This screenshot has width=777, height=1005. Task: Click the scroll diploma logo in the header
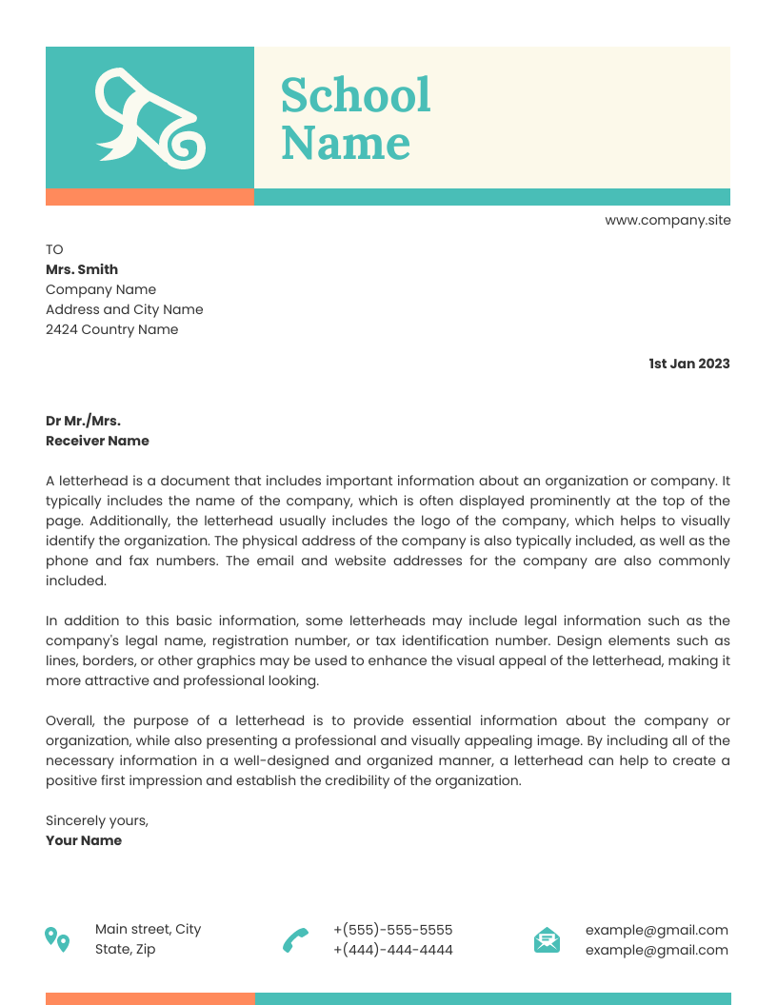click(x=149, y=118)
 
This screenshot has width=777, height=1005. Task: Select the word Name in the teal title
click(x=346, y=143)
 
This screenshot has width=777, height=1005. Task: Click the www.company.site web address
click(x=667, y=220)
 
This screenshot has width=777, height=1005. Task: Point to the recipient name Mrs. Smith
click(x=82, y=269)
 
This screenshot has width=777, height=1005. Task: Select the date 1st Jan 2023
click(x=688, y=364)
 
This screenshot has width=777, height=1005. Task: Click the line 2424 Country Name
click(x=111, y=329)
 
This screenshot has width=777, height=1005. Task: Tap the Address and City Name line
click(x=124, y=309)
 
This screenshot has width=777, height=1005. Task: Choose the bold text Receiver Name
click(x=97, y=441)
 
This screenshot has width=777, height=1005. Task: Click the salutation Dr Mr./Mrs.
click(x=83, y=421)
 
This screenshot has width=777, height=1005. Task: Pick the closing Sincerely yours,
click(x=97, y=820)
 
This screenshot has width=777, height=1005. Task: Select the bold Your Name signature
click(x=84, y=840)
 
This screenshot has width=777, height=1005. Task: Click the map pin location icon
click(x=57, y=939)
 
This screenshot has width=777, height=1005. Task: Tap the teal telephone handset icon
click(x=295, y=940)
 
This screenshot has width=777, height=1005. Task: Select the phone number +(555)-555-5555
click(x=392, y=930)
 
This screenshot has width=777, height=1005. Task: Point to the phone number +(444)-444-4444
click(x=392, y=950)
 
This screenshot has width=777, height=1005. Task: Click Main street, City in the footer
click(x=148, y=929)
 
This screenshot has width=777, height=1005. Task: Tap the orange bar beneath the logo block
click(x=149, y=197)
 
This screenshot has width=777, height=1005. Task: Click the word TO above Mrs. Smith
click(x=54, y=249)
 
